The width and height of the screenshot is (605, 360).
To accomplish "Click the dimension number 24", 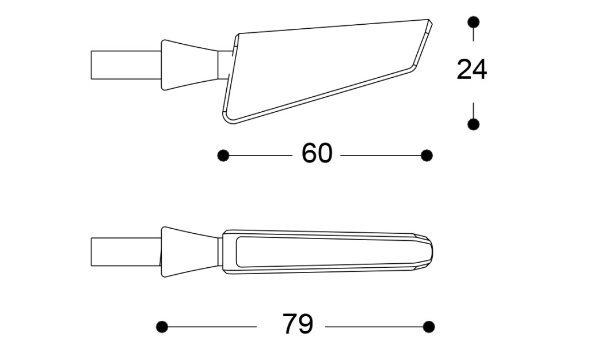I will coord(471,70).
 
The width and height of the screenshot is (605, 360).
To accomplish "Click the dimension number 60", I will coord(317,154).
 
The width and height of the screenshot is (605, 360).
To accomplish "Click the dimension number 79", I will coord(298,324).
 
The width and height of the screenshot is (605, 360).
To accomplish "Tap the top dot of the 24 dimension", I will coord(473,22).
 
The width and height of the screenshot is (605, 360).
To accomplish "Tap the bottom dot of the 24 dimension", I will coord(473,124).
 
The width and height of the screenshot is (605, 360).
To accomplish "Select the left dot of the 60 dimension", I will coord(223,156).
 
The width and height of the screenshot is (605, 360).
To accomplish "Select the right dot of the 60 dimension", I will coord(427,156).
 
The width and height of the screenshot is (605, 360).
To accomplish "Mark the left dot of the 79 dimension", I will coord(162,327).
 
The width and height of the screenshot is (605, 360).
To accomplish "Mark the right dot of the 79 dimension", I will coord(428,327).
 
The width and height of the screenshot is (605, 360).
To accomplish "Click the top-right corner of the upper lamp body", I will coord(430,21).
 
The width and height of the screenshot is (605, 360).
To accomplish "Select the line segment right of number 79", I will coord(374,327).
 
